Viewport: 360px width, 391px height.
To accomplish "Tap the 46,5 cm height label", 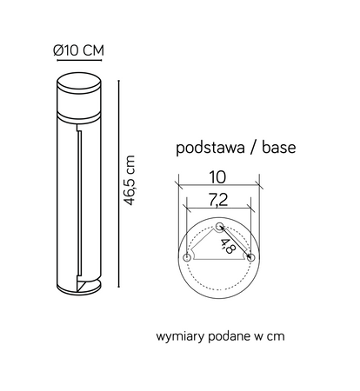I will [x=130, y=180].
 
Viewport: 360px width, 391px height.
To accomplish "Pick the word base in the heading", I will [x=273, y=149].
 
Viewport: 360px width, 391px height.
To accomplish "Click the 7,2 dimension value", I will [x=217, y=199].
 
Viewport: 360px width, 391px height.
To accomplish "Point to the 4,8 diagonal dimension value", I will [x=228, y=246].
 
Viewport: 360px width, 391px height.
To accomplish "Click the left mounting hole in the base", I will [x=187, y=258].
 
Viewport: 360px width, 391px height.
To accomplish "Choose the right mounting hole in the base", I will [x=250, y=258].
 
